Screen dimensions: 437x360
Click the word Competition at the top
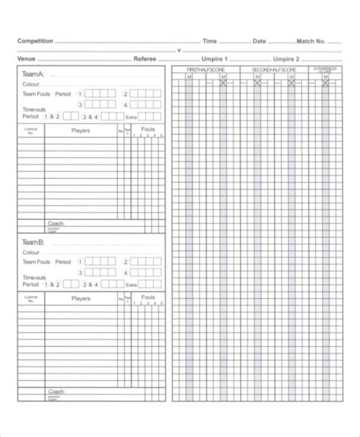pyautogui.click(x=35, y=41)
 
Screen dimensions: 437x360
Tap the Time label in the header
pyautogui.click(x=210, y=41)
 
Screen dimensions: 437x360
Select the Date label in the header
pyautogui.click(x=259, y=41)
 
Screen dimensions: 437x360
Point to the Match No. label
pyautogui.click(x=311, y=41)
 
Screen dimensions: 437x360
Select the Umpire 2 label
pyautogui.click(x=287, y=58)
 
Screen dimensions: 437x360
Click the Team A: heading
pyautogui.click(x=33, y=74)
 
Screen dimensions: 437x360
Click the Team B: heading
pyautogui.click(x=33, y=243)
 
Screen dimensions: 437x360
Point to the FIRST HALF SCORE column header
pyautogui.click(x=205, y=70)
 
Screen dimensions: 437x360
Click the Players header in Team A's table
pyautogui.click(x=81, y=130)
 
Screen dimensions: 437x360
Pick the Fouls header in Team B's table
pyautogui.click(x=148, y=298)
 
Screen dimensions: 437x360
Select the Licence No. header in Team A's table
pyautogui.click(x=30, y=130)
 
